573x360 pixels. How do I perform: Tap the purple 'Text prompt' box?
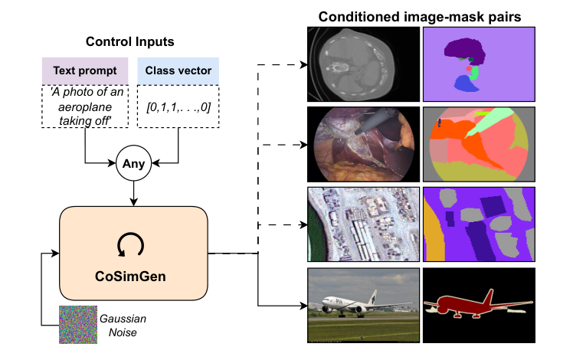[x=84, y=70]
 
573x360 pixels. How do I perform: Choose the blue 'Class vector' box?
[x=178, y=70]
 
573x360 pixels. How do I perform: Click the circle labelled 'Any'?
[x=134, y=163]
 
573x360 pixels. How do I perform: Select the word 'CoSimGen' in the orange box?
[x=134, y=273]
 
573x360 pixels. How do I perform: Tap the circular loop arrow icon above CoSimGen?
[x=134, y=244]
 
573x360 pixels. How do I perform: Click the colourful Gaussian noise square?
[x=79, y=324]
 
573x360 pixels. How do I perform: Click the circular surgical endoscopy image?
[x=362, y=143]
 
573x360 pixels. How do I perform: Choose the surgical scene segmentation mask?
[x=478, y=143]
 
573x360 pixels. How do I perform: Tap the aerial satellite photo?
[x=362, y=224]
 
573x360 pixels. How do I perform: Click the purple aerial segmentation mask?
[x=478, y=224]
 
